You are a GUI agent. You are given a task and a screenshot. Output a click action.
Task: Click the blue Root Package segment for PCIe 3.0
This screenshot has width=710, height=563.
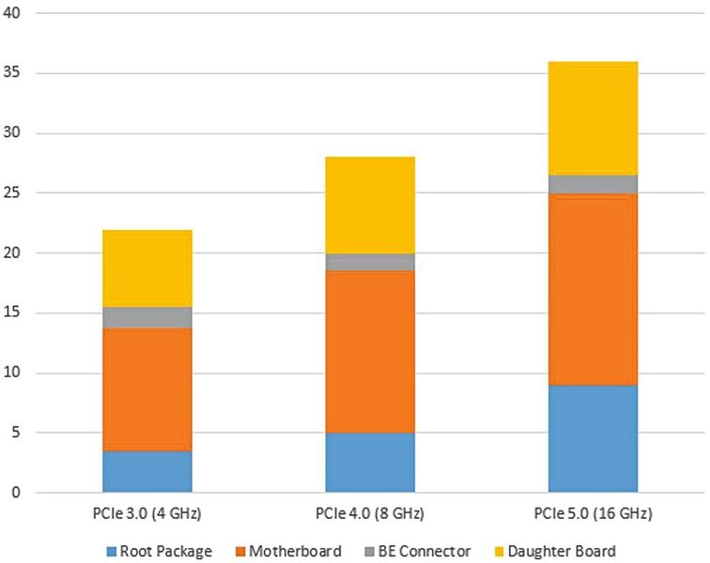pos(147,471)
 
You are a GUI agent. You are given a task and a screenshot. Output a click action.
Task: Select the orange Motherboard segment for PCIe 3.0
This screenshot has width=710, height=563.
pos(147,389)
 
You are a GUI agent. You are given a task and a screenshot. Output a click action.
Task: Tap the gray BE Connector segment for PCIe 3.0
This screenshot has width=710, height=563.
pos(147,317)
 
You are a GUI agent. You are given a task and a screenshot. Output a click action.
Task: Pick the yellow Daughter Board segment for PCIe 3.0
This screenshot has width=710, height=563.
pos(147,268)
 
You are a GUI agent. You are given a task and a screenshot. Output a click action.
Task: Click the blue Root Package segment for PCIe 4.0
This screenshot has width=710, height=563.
pos(370,462)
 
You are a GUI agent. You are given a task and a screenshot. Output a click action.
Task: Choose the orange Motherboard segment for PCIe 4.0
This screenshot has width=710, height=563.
pos(370,352)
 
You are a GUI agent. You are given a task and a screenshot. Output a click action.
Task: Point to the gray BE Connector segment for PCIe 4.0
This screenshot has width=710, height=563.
pos(370,263)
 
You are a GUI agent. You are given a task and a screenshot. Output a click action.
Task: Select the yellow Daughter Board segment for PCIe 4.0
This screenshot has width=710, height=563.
pos(370,205)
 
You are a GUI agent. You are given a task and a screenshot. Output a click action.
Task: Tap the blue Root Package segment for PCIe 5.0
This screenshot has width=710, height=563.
pos(594,438)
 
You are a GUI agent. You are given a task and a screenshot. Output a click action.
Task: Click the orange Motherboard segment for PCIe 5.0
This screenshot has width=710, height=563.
pos(594,289)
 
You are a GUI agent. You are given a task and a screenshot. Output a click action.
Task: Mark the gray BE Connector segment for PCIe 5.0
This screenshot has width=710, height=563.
pos(594,184)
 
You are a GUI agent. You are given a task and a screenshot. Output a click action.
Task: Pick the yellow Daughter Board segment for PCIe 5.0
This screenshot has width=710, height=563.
pos(594,118)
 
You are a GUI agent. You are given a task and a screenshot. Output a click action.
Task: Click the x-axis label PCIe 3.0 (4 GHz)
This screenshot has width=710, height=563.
pos(147,514)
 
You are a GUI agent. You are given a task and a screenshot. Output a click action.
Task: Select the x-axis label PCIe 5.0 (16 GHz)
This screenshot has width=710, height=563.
pos(594,514)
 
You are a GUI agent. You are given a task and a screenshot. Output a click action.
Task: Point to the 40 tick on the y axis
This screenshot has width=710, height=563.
pos(14,13)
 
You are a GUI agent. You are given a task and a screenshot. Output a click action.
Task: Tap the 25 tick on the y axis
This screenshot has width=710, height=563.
pos(14,193)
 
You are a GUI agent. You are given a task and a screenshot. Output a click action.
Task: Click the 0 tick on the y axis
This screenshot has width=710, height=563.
pos(18,493)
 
